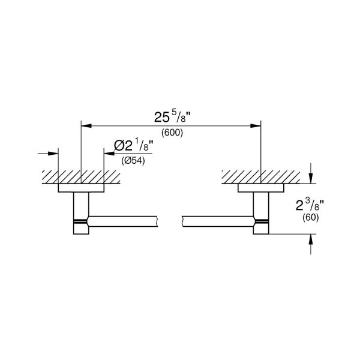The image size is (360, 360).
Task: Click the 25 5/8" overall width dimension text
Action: [x=171, y=114]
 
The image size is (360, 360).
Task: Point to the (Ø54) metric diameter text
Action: [x=133, y=161]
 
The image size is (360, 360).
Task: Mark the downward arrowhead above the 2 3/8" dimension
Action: [x=310, y=179]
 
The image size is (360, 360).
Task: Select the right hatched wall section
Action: [x=261, y=176]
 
